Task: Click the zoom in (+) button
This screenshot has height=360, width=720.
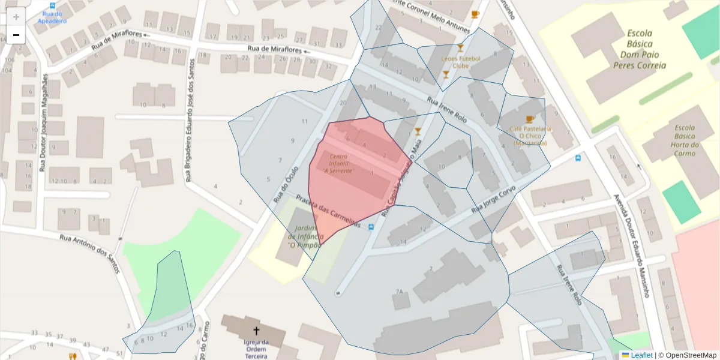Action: pyautogui.click(x=16, y=17)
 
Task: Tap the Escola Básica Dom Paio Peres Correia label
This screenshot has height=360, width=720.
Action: pyautogui.click(x=639, y=49)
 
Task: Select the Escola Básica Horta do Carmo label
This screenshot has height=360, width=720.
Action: pyautogui.click(x=684, y=140)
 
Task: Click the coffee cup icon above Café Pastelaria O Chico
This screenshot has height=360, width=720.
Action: pyautogui.click(x=529, y=119)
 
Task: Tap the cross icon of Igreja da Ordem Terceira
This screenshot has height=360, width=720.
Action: pyautogui.click(x=256, y=331)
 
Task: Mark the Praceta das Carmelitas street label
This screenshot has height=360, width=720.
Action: pyautogui.click(x=328, y=211)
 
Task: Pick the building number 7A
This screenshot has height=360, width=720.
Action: pyautogui.click(x=398, y=292)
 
